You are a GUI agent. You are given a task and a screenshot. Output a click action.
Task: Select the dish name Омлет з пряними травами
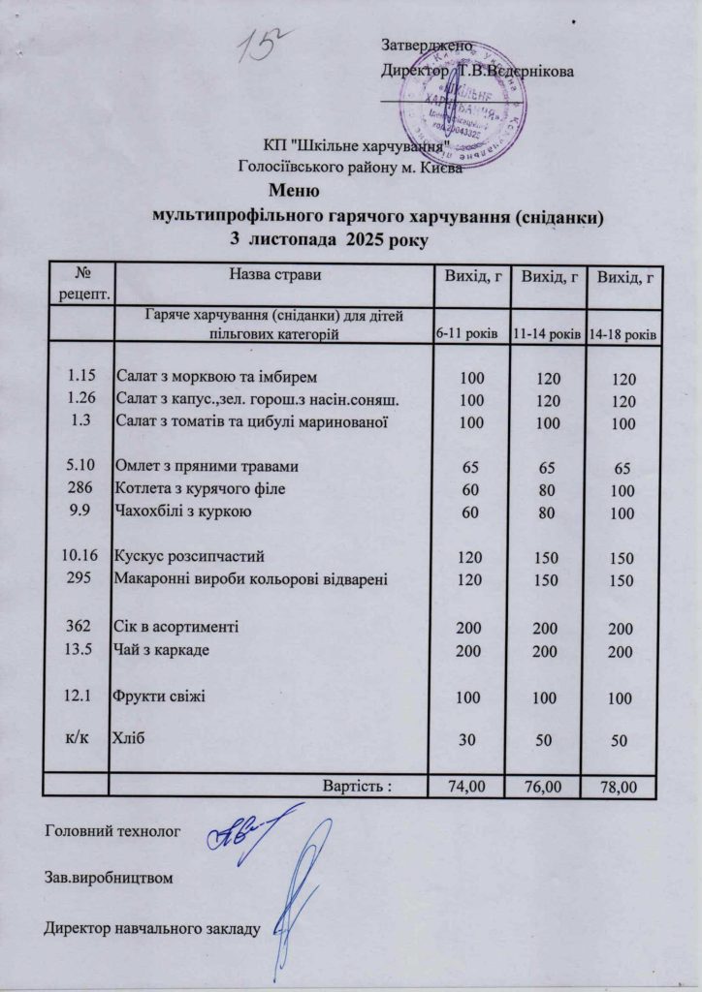tap(207, 466)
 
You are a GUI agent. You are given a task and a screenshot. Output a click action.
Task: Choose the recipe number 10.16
tap(80, 557)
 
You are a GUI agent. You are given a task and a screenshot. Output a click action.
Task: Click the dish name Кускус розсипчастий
tap(189, 557)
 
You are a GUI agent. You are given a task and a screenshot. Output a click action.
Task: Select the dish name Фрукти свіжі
tap(160, 696)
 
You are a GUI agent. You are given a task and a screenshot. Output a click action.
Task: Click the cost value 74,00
tap(465, 786)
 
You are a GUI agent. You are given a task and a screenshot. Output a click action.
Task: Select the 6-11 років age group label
tap(466, 333)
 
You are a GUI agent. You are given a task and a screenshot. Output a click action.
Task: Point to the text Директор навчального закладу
tap(151, 931)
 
